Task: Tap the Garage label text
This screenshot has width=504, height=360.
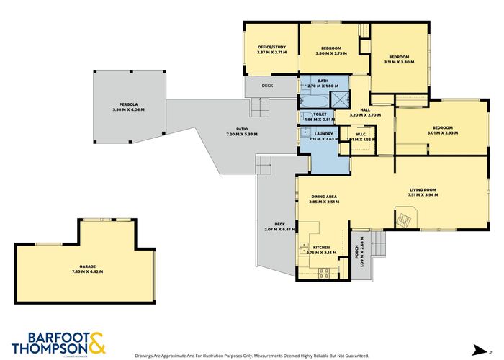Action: coord(87,269)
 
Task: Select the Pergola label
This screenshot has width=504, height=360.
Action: coord(128,107)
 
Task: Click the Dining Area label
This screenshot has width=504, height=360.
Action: coord(324,199)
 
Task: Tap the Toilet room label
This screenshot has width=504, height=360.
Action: coord(320,116)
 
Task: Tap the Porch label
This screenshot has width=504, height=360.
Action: coord(356,253)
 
